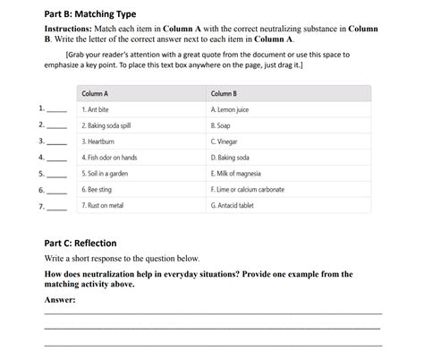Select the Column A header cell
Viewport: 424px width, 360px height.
coord(95,94)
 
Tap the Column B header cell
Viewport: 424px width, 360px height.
coord(224,94)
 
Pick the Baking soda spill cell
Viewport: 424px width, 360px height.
coord(106,126)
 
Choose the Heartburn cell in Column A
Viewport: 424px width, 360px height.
coord(98,141)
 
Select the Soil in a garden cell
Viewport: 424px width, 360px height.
coord(106,174)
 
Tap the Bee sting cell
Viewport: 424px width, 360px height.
coord(97,190)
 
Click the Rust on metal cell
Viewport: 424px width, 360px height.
coord(102,206)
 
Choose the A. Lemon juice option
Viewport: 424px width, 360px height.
coord(230,110)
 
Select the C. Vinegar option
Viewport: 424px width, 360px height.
coord(225,141)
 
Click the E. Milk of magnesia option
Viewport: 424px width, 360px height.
coord(236,174)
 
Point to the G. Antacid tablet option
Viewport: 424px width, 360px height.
coord(233,206)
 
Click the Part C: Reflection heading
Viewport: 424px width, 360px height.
coord(81,243)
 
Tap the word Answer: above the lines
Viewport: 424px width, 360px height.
coord(60,300)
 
